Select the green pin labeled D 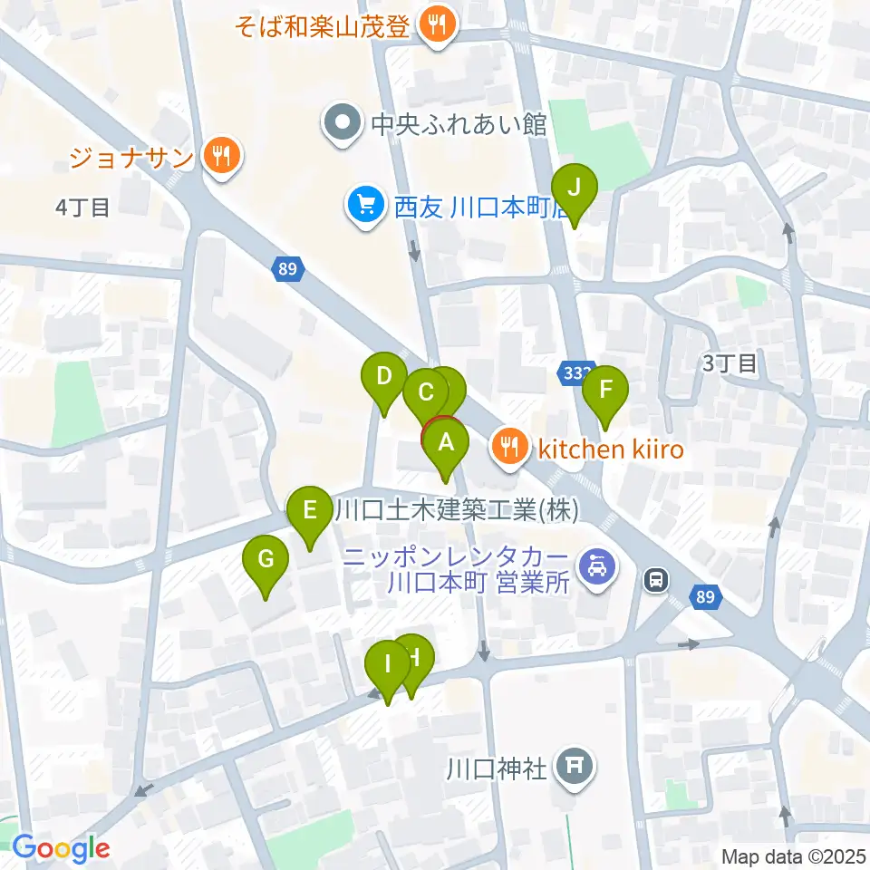pos(384,376)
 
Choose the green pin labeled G pos(266,560)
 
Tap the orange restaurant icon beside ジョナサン pos(220,157)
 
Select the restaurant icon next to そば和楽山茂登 pos(439,24)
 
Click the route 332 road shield pos(574,373)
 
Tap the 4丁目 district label pos(82,208)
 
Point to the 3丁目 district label pos(730,363)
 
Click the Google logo pos(61,849)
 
